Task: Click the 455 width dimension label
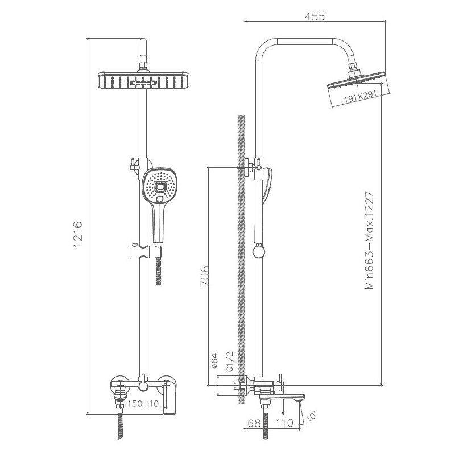pos(314,16)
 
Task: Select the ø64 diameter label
pos(214,363)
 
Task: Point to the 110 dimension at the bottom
pos(285,423)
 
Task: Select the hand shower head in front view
pos(160,187)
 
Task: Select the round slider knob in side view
pos(258,250)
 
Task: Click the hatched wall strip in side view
pos(241,256)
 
